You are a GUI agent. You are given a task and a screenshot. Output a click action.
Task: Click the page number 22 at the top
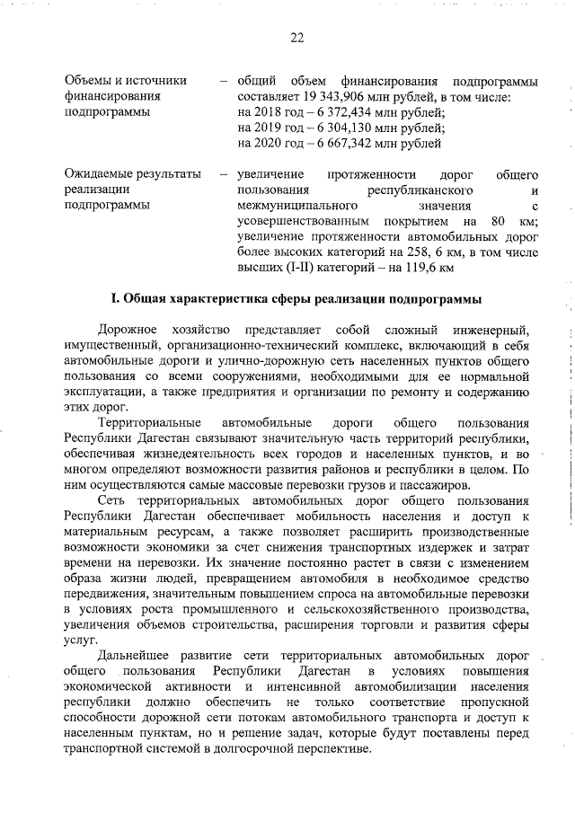point(297,38)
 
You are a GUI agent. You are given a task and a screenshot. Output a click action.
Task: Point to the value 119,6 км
point(427,267)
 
